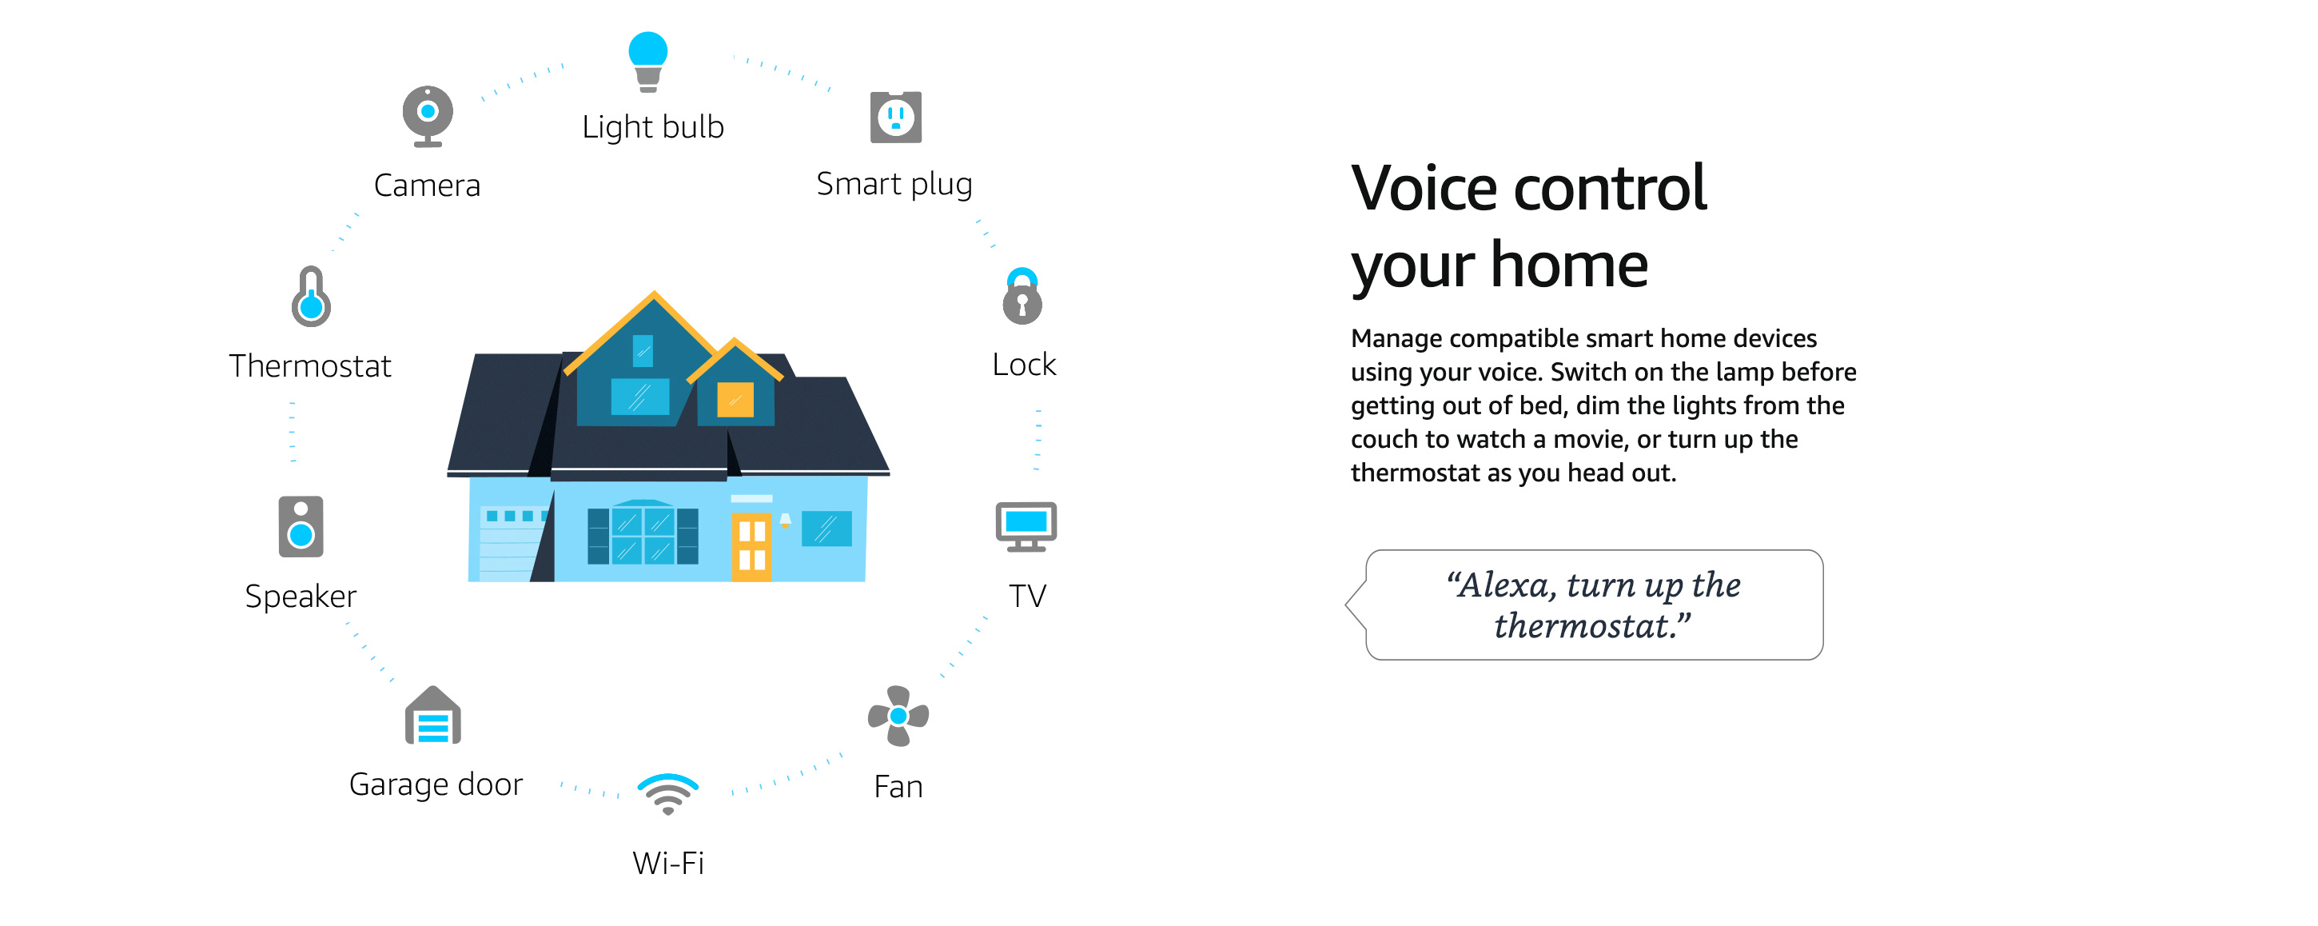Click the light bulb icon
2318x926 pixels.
point(648,62)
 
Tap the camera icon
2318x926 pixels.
point(428,115)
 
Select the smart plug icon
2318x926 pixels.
point(895,117)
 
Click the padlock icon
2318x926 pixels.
point(1022,296)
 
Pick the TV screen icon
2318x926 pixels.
point(1026,526)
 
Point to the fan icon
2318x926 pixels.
point(898,716)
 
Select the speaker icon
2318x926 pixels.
point(301,526)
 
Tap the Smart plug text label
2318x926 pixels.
point(894,185)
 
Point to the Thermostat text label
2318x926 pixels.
point(309,366)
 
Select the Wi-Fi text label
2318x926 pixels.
point(667,864)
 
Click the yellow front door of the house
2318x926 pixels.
point(751,547)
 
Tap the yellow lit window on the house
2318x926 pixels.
point(735,400)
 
